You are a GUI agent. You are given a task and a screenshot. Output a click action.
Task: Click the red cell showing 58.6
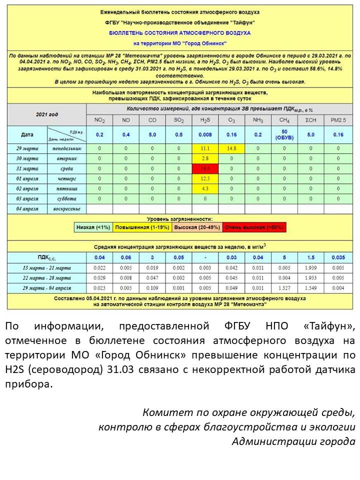click(205, 169)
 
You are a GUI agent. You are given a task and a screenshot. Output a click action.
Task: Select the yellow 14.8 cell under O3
click(231, 148)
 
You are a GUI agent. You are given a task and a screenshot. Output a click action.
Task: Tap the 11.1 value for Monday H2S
click(205, 148)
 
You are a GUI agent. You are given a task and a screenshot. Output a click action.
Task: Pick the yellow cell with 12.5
click(205, 179)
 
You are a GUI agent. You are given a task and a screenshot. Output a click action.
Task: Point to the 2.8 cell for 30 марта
click(205, 158)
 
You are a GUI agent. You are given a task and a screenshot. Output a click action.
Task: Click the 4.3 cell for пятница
click(205, 189)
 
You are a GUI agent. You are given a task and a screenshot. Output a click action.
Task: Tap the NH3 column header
click(258, 120)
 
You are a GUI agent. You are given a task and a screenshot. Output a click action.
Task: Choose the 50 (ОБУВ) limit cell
click(284, 134)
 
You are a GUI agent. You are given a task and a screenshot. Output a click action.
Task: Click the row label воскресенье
click(67, 208)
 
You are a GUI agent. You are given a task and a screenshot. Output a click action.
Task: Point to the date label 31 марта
click(27, 169)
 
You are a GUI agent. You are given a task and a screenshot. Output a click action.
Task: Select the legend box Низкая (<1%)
click(93, 227)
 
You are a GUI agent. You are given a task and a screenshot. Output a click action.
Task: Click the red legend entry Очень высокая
click(254, 227)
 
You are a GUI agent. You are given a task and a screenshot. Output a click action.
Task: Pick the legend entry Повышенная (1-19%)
click(142, 227)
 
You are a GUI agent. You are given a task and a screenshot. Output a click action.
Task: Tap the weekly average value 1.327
click(284, 288)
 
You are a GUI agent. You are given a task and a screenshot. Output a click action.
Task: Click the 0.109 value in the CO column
click(152, 288)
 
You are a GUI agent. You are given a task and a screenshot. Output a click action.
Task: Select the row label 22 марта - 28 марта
click(47, 278)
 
